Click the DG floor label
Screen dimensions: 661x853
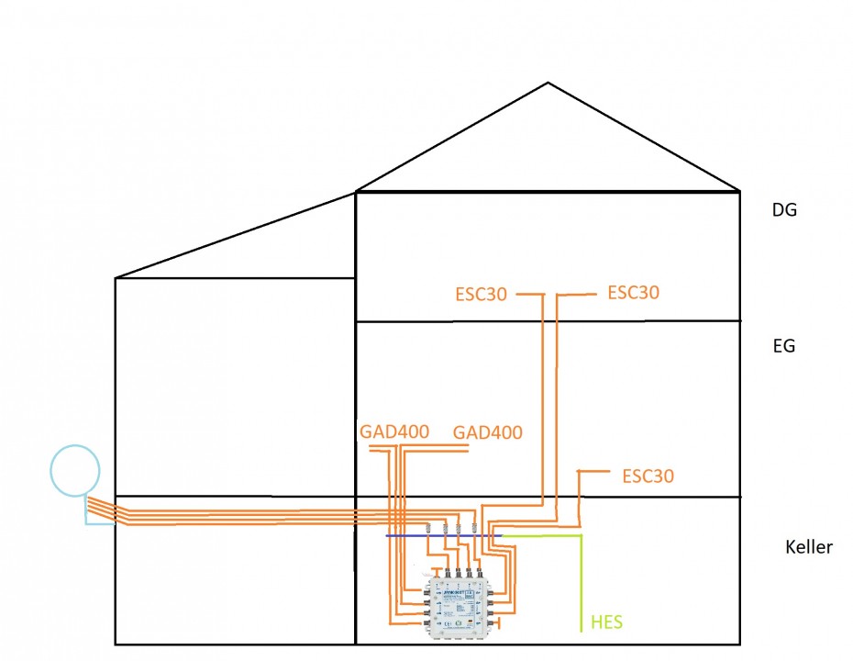[784, 209]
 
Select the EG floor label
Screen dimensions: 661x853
[784, 346]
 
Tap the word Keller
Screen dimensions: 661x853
[809, 547]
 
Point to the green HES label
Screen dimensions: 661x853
[607, 623]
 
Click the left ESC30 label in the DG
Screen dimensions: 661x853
[481, 296]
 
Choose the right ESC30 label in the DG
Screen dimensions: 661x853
[634, 293]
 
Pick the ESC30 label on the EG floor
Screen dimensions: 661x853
[648, 476]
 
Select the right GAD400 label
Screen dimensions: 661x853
[488, 432]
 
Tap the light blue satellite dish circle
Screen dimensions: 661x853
[74, 471]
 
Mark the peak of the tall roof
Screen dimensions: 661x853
[548, 84]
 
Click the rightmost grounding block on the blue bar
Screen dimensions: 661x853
[473, 528]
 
